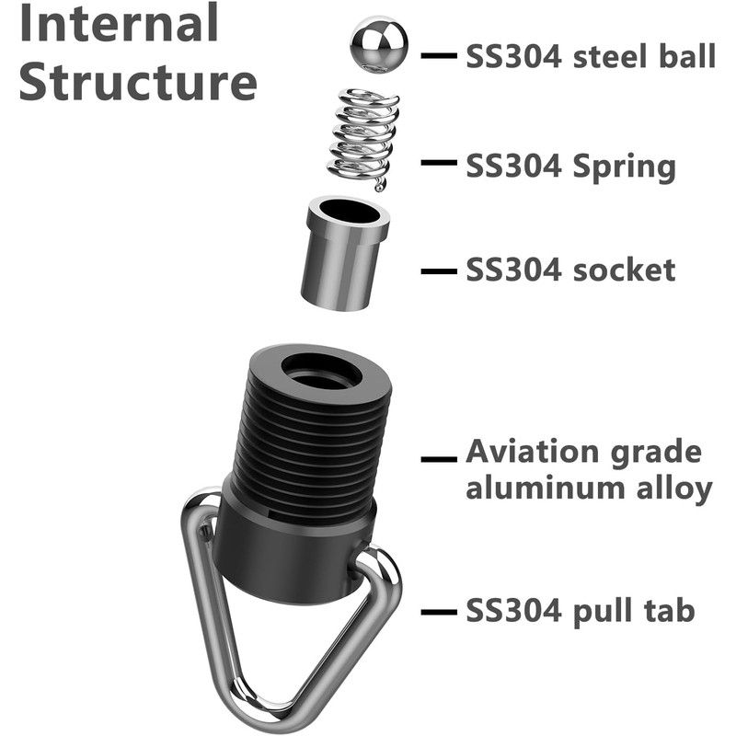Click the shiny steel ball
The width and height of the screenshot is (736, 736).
coord(379,44)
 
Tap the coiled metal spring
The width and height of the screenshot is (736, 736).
coord(363,139)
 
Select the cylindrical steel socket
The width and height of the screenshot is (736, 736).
coord(345,254)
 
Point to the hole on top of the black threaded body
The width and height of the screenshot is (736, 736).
coord(321,372)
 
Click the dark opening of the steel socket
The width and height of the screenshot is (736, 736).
coord(350,212)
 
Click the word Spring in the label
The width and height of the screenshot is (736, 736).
coord(625,167)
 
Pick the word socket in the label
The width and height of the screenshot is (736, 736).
coord(625,270)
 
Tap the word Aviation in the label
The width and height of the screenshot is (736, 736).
coord(532,452)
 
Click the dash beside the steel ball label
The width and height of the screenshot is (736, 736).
coord(439,55)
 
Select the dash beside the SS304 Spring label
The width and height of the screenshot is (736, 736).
coord(439,163)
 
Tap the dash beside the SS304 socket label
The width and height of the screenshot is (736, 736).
coord(439,271)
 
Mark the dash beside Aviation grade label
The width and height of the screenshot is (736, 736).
coord(439,459)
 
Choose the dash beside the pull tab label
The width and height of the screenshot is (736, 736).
coord(439,612)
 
